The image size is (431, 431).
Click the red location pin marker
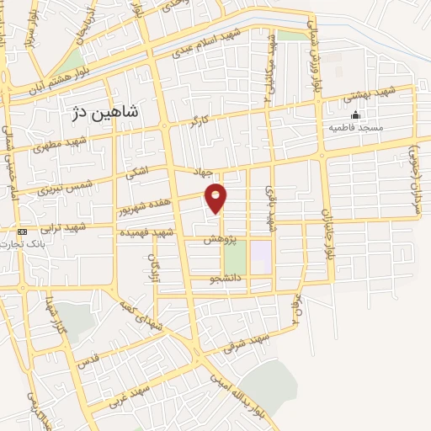[x=216, y=197]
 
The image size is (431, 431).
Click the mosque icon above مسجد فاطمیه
[x=355, y=115]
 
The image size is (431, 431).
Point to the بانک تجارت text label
[x=23, y=243]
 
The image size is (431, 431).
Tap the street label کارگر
[x=200, y=122]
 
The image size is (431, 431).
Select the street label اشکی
[x=136, y=173]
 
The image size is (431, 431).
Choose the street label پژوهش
[x=219, y=240]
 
